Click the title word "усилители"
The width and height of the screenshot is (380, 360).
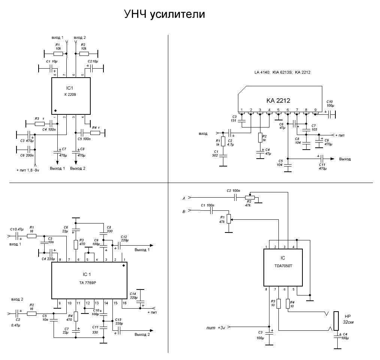[x=178, y=15]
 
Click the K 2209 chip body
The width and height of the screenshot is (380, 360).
[x=70, y=96]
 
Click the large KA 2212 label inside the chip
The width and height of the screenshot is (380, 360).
[x=278, y=100]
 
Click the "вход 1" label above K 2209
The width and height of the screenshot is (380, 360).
[x=57, y=38]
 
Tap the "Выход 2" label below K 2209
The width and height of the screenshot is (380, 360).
[x=78, y=168]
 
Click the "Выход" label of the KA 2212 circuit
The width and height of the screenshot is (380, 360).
[x=345, y=159]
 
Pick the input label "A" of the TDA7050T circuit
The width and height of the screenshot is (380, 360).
[x=184, y=198]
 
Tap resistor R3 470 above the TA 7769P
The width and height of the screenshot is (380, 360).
[x=76, y=244]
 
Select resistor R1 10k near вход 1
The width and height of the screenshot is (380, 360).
[x=58, y=54]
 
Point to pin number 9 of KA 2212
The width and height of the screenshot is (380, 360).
[x=316, y=110]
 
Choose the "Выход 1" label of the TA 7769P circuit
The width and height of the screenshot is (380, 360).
[x=142, y=249]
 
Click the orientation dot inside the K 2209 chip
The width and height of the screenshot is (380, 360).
[x=55, y=111]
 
